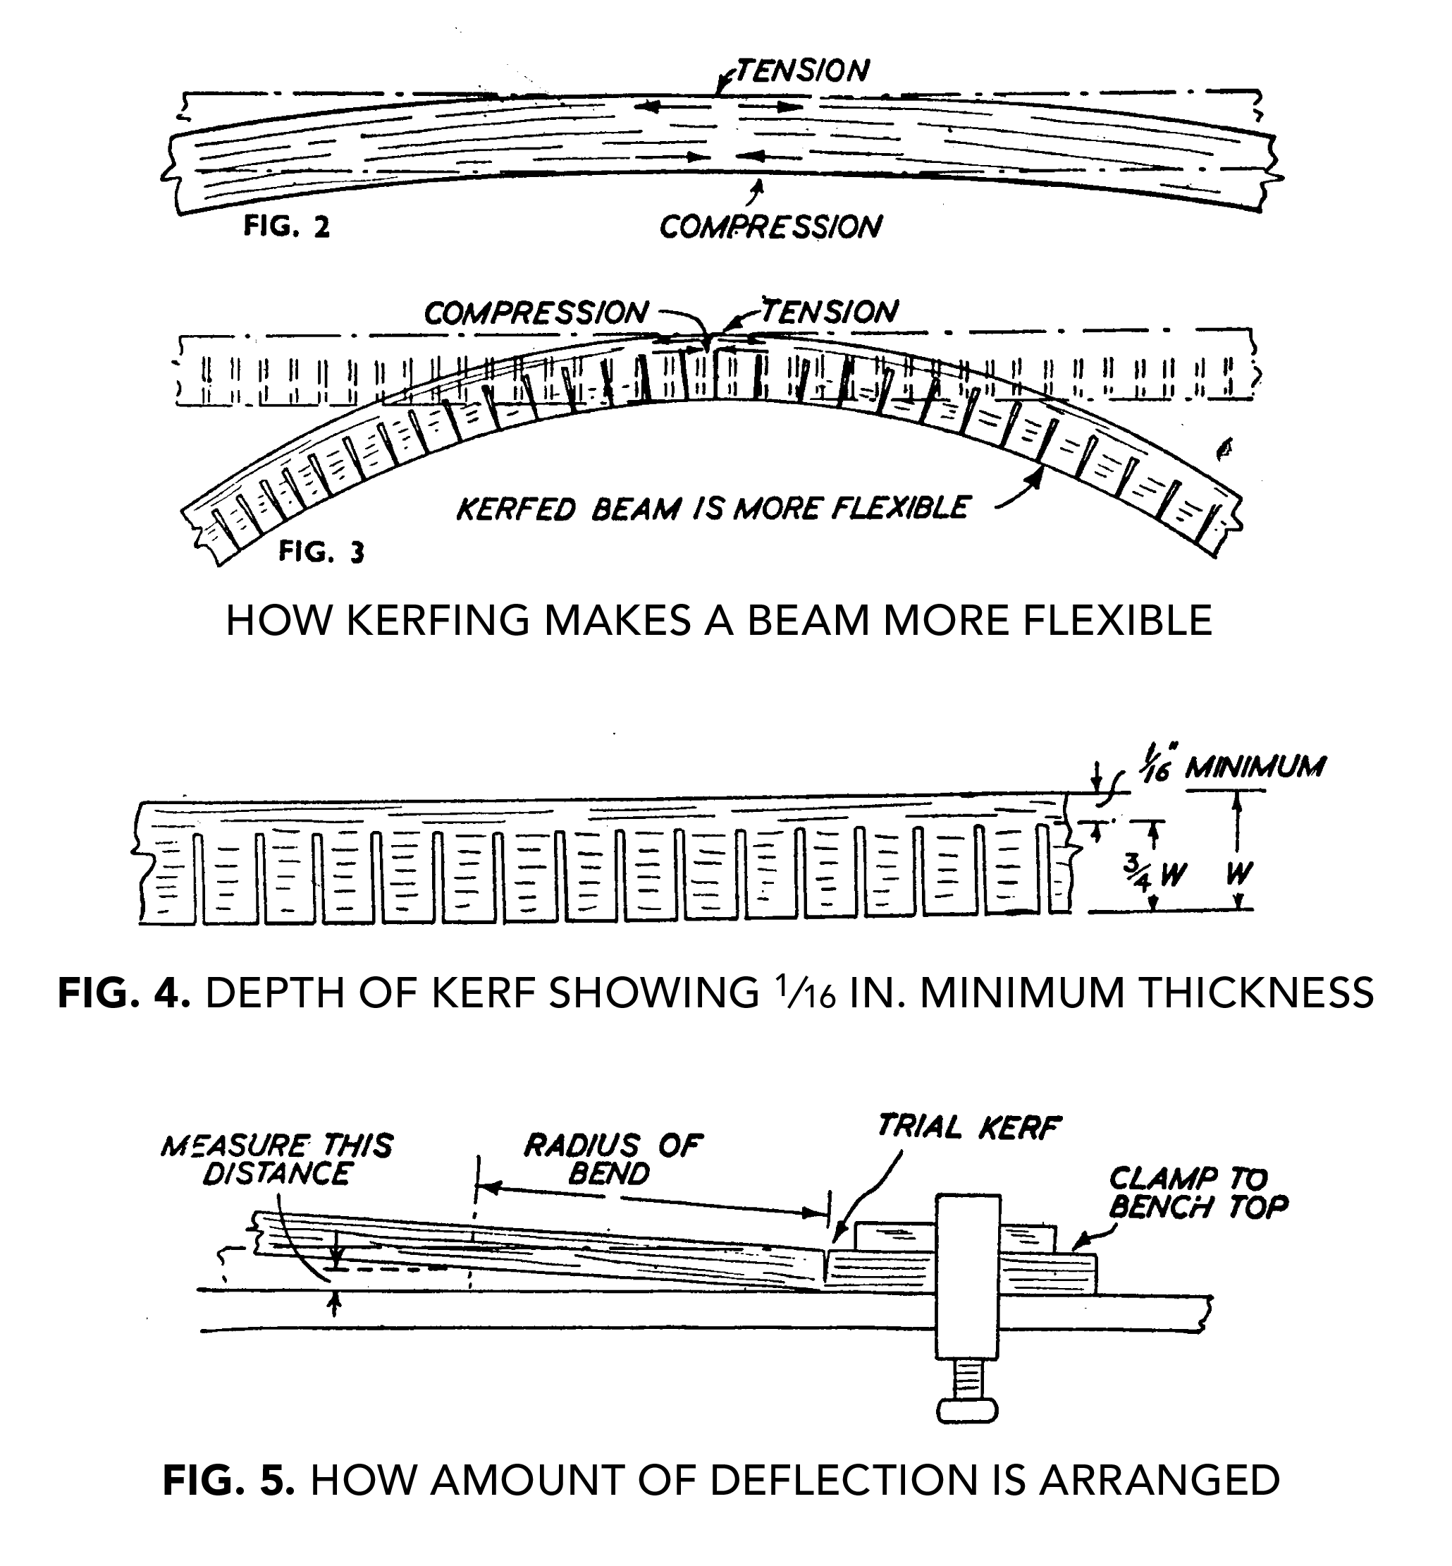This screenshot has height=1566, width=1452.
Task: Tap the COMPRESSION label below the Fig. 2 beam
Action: pyautogui.click(x=770, y=227)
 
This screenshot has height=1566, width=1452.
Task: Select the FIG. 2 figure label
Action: pyautogui.click(x=286, y=226)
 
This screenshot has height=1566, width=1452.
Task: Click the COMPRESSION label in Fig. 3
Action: pyautogui.click(x=536, y=313)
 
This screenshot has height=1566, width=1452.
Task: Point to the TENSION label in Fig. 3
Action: pyautogui.click(x=830, y=311)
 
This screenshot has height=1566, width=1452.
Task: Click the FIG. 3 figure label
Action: pyautogui.click(x=321, y=552)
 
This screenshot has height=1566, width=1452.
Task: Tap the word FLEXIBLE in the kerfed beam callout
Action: pyautogui.click(x=899, y=508)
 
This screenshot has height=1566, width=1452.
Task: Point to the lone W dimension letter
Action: pyautogui.click(x=1238, y=873)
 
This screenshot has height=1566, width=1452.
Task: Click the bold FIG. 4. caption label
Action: pyautogui.click(x=124, y=993)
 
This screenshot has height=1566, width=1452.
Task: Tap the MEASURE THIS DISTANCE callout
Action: pyautogui.click(x=277, y=1160)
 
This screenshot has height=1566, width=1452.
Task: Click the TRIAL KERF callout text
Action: pyautogui.click(x=968, y=1127)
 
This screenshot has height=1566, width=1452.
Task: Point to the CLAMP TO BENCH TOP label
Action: pyautogui.click(x=1198, y=1193)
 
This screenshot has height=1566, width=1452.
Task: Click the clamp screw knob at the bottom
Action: pyautogui.click(x=967, y=1410)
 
